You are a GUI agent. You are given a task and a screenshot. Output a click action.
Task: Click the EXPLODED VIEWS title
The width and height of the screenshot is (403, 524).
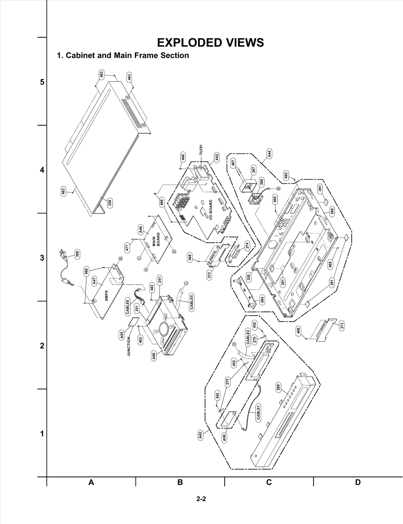[x=210, y=43]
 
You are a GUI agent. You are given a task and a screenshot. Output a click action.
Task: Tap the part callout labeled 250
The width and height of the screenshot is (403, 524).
[x=110, y=202]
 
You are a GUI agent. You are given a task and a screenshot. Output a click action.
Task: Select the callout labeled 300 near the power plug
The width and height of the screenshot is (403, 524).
[x=77, y=254]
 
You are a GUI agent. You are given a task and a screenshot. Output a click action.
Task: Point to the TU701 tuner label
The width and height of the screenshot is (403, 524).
[x=201, y=150]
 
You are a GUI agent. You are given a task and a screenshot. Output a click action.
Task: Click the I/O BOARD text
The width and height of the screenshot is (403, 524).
[x=211, y=210]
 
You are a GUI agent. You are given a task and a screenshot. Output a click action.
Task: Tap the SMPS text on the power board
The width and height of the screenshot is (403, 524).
[x=107, y=296]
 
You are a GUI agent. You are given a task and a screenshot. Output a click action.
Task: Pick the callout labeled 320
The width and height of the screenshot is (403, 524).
[x=249, y=277]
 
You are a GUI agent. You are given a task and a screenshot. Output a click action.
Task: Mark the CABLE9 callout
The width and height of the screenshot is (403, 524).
[x=128, y=307]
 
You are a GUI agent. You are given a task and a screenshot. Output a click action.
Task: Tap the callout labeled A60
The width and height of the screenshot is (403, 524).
[x=154, y=356]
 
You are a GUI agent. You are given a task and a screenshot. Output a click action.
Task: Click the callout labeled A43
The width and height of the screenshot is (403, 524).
[x=200, y=435]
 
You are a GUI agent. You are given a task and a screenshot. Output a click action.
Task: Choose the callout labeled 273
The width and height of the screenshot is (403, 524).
[x=342, y=326]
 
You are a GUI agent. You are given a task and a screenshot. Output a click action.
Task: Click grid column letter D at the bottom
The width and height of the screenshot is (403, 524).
[x=358, y=482]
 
